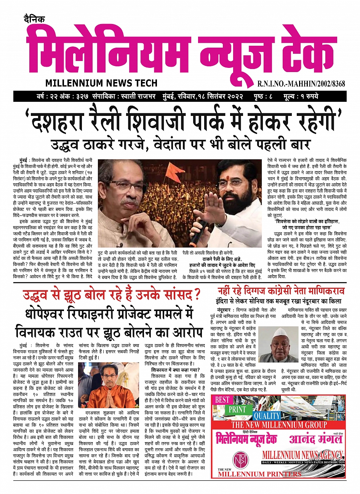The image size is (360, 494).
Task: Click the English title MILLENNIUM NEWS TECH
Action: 101,83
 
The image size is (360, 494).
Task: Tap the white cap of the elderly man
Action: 280,332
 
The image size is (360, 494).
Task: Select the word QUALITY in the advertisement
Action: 267,415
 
